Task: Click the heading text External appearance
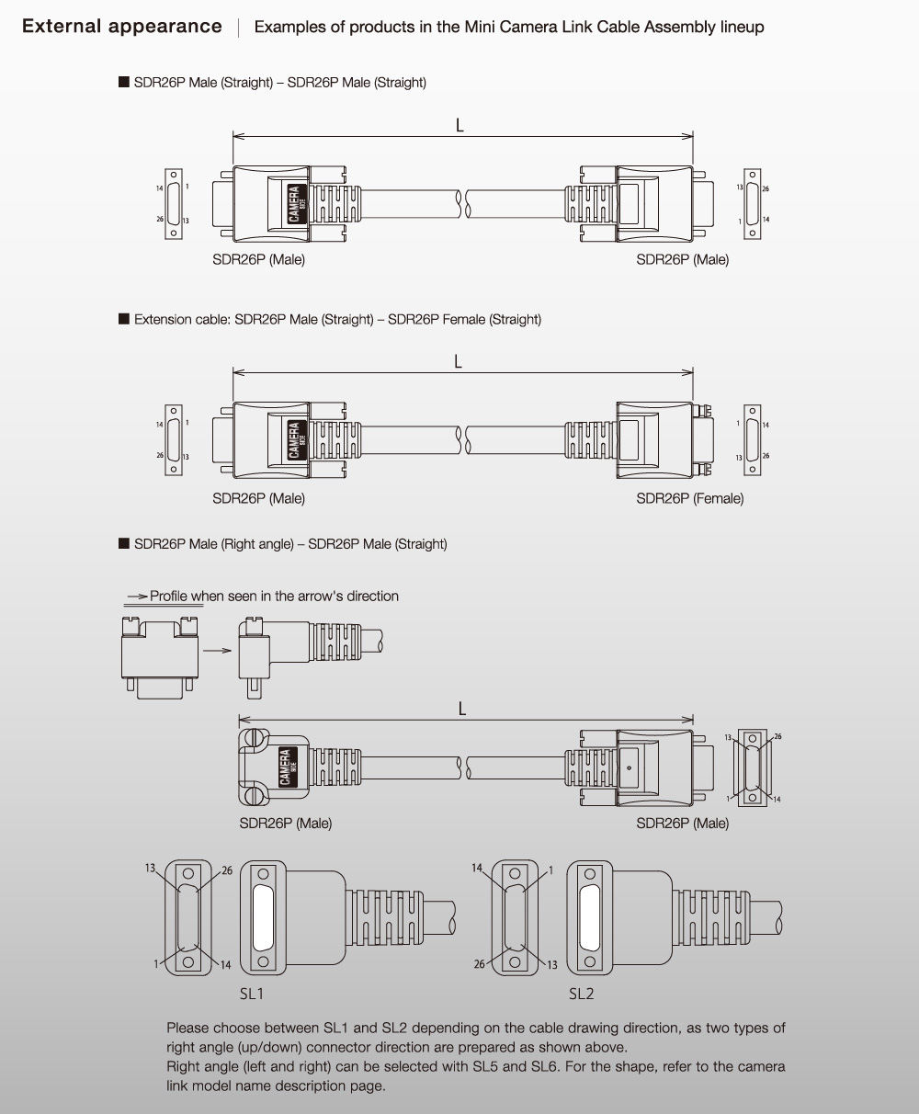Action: (x=122, y=26)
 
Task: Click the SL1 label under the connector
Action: (x=252, y=994)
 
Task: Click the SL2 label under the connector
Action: (x=582, y=994)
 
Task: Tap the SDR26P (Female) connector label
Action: (x=689, y=498)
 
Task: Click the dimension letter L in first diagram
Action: (x=459, y=126)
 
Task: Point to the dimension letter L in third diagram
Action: (x=462, y=708)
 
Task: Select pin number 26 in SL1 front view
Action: (x=227, y=870)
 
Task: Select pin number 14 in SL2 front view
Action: (x=476, y=868)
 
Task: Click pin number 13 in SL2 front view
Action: (x=552, y=964)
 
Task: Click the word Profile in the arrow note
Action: (x=169, y=596)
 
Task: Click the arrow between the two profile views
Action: (x=218, y=650)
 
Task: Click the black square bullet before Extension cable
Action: (x=123, y=319)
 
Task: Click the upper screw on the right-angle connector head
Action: (x=253, y=739)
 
